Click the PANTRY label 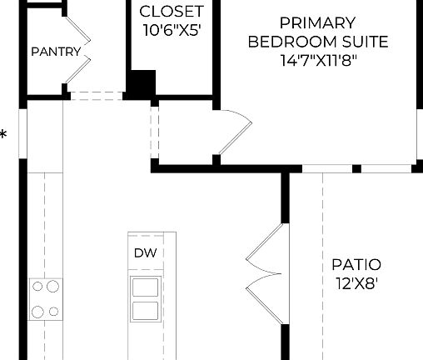coord(56,52)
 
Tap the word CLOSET coord(171,12)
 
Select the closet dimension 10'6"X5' coord(171,31)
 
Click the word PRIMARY coord(317,22)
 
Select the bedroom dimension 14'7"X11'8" coord(317,60)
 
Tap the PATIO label coord(356,265)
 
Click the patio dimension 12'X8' coord(356,283)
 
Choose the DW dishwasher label coord(143,252)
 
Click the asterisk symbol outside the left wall coord(4,134)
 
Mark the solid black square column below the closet coord(141,84)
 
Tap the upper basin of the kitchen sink coord(144,288)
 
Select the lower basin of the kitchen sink coord(144,311)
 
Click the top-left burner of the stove coord(37,287)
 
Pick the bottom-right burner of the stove coord(53,312)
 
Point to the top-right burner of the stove coord(53,287)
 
